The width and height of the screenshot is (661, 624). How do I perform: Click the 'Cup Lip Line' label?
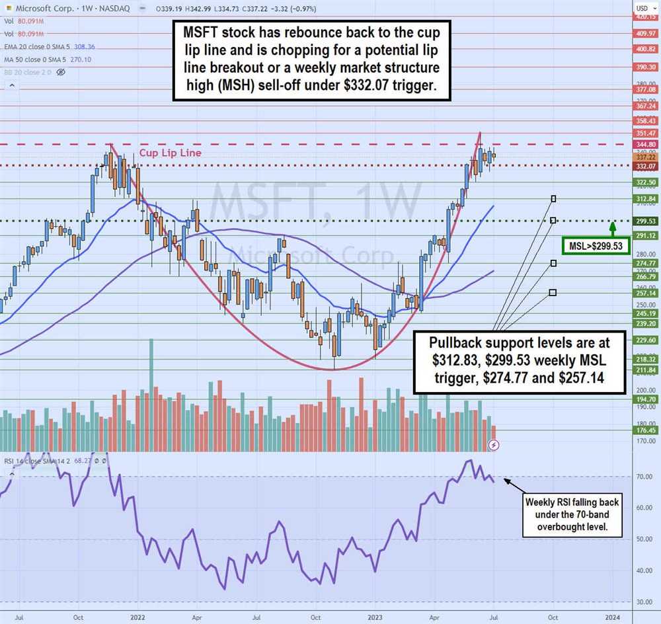point(170,153)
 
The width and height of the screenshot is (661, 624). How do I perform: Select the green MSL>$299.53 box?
point(592,247)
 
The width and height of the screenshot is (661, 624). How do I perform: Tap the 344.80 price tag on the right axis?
point(645,143)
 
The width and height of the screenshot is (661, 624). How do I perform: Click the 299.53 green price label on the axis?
point(645,221)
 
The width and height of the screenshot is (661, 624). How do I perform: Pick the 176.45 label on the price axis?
point(645,430)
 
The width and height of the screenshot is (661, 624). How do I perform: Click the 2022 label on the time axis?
point(137,617)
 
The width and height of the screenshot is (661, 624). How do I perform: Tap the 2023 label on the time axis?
point(375,617)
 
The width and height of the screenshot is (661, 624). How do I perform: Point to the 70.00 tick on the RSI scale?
point(643,477)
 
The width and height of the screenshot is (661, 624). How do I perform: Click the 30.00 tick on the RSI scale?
point(643,602)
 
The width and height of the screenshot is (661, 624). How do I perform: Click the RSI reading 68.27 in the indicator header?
point(89,460)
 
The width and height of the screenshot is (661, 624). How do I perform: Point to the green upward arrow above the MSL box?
point(613,229)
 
